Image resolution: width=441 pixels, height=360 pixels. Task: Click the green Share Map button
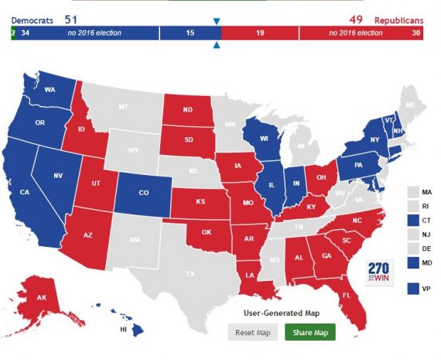coord(310,333)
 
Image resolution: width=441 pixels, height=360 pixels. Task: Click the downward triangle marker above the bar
coord(217,22)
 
